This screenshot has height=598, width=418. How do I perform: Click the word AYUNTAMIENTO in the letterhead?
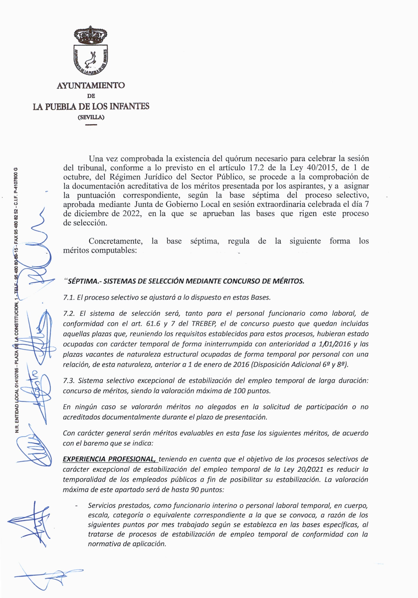coord(91,85)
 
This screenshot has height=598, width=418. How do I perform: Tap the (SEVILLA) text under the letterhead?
coord(91,117)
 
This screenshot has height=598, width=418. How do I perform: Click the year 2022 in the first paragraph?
coord(131,213)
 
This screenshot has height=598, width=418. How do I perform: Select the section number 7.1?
coord(69,297)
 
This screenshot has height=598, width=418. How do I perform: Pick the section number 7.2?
coord(69,314)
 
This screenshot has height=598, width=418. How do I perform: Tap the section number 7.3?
coord(69,381)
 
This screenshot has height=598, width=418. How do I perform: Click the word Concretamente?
coord(115,241)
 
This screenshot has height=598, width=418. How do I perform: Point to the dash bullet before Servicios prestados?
coord(76,506)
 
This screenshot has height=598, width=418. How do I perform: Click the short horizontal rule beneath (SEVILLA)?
coord(91,124)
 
